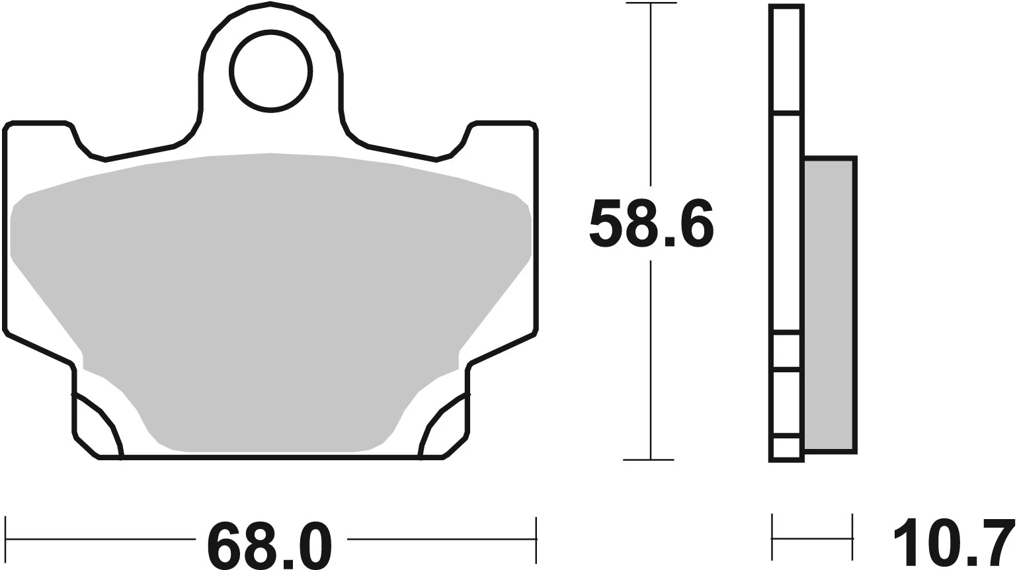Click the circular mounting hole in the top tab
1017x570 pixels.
pos(270,71)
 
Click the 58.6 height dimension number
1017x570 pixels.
pos(651,224)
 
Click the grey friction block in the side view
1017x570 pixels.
pos(830,304)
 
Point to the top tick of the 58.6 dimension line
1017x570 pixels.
pos(651,4)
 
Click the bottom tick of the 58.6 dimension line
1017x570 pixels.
pos(651,459)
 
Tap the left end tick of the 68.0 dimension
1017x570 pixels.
pos(5,538)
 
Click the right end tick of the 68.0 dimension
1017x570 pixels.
pos(536,538)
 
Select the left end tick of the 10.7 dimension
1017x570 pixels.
pos(772,538)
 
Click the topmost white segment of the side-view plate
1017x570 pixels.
pos(786,58)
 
